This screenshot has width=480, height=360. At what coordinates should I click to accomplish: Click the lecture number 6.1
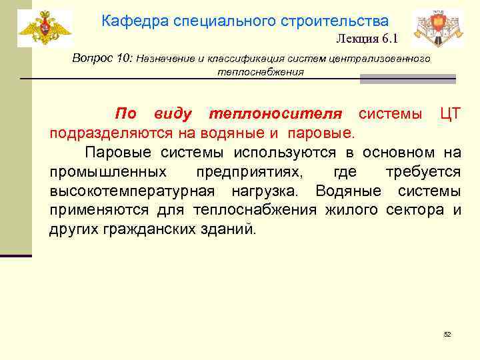[x=389, y=39]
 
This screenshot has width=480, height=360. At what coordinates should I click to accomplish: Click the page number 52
[x=447, y=334]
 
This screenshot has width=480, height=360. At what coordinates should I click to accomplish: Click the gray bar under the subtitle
[x=407, y=79]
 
